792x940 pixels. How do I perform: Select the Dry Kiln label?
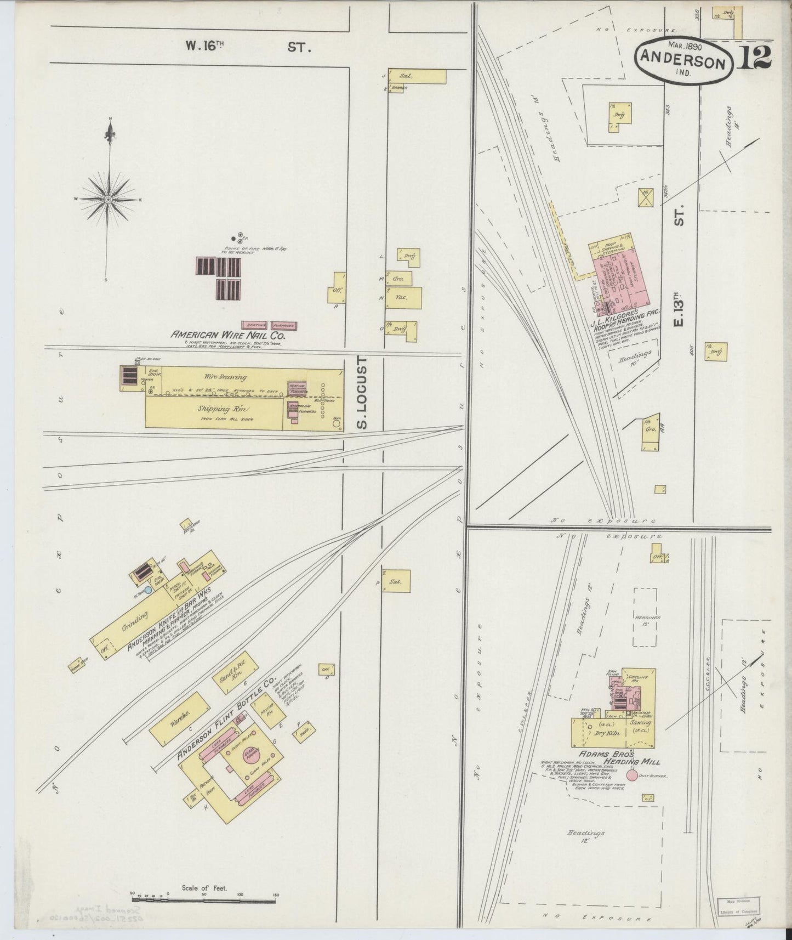[x=602, y=732]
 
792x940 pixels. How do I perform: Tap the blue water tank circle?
[x=148, y=590]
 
